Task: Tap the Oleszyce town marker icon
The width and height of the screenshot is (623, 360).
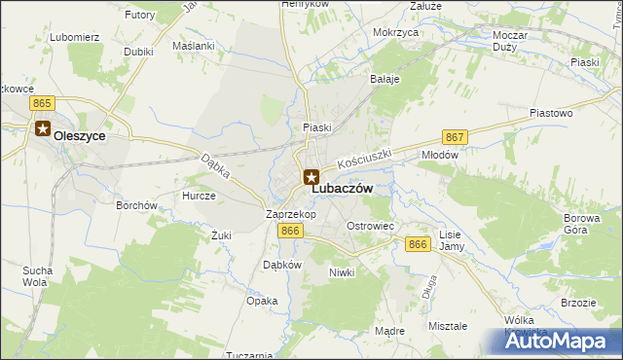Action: coord(43,127)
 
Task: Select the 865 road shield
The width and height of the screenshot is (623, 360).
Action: coord(41,102)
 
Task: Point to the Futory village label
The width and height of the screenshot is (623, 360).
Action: coord(140,16)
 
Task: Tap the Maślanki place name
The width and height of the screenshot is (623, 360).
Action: coord(192,46)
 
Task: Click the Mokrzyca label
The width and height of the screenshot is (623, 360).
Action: coord(395,32)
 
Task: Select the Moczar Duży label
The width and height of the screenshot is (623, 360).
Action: coord(510,41)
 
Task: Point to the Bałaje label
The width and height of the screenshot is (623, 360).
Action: coord(385,80)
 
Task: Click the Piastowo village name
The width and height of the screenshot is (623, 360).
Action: coord(550,113)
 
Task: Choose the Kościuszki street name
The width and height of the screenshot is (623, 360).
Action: coord(364,156)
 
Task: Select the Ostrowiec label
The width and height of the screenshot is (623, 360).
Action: coord(370,226)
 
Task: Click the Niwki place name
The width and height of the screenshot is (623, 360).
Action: coord(342,272)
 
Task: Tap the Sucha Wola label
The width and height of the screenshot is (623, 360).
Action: coord(36,275)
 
